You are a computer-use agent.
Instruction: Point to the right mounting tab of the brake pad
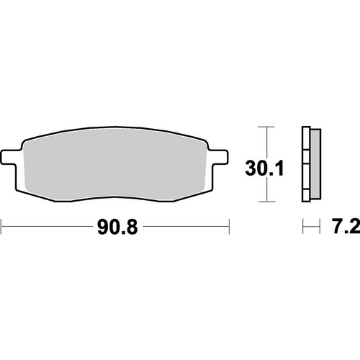point(221,156)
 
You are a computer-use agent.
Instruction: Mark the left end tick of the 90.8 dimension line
point(1,229)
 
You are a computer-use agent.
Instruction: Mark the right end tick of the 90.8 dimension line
point(229,229)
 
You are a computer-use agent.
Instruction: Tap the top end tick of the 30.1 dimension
point(267,127)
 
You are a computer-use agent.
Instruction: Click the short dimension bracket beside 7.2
point(310,229)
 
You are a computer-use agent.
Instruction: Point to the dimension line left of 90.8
point(43,229)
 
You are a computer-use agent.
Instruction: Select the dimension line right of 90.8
point(187,229)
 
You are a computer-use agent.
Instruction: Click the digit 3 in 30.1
point(251,169)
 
